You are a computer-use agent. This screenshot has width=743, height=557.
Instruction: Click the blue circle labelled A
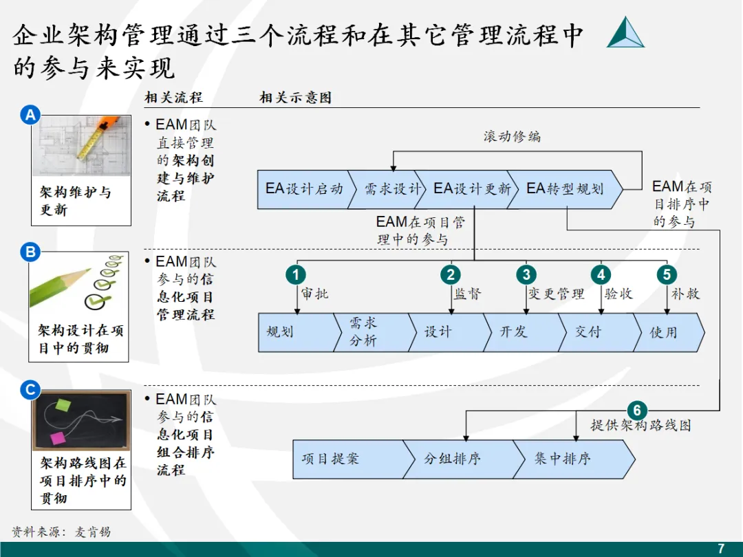[30, 116]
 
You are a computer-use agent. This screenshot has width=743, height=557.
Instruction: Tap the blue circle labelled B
[30, 252]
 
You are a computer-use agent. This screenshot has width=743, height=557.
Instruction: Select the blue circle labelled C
[30, 391]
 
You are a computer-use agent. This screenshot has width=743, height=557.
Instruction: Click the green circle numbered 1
[295, 275]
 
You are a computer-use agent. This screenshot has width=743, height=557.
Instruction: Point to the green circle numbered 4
[601, 275]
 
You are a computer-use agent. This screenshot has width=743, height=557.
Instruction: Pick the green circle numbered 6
[637, 411]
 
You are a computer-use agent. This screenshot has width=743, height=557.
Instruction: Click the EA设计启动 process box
[303, 189]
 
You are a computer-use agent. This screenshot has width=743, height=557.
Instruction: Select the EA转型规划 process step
[564, 189]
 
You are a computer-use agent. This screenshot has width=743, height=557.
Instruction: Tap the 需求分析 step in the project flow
[365, 332]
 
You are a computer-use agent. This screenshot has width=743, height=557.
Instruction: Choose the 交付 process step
[589, 332]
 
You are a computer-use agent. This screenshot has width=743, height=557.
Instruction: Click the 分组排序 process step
[453, 459]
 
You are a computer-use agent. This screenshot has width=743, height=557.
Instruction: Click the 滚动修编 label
[512, 136]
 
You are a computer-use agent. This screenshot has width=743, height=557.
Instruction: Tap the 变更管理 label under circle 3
[556, 294]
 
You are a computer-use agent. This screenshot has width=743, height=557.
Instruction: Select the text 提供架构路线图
[640, 426]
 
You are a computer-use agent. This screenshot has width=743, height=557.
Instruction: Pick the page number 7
[721, 548]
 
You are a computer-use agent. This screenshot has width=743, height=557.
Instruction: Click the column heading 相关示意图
[295, 98]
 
